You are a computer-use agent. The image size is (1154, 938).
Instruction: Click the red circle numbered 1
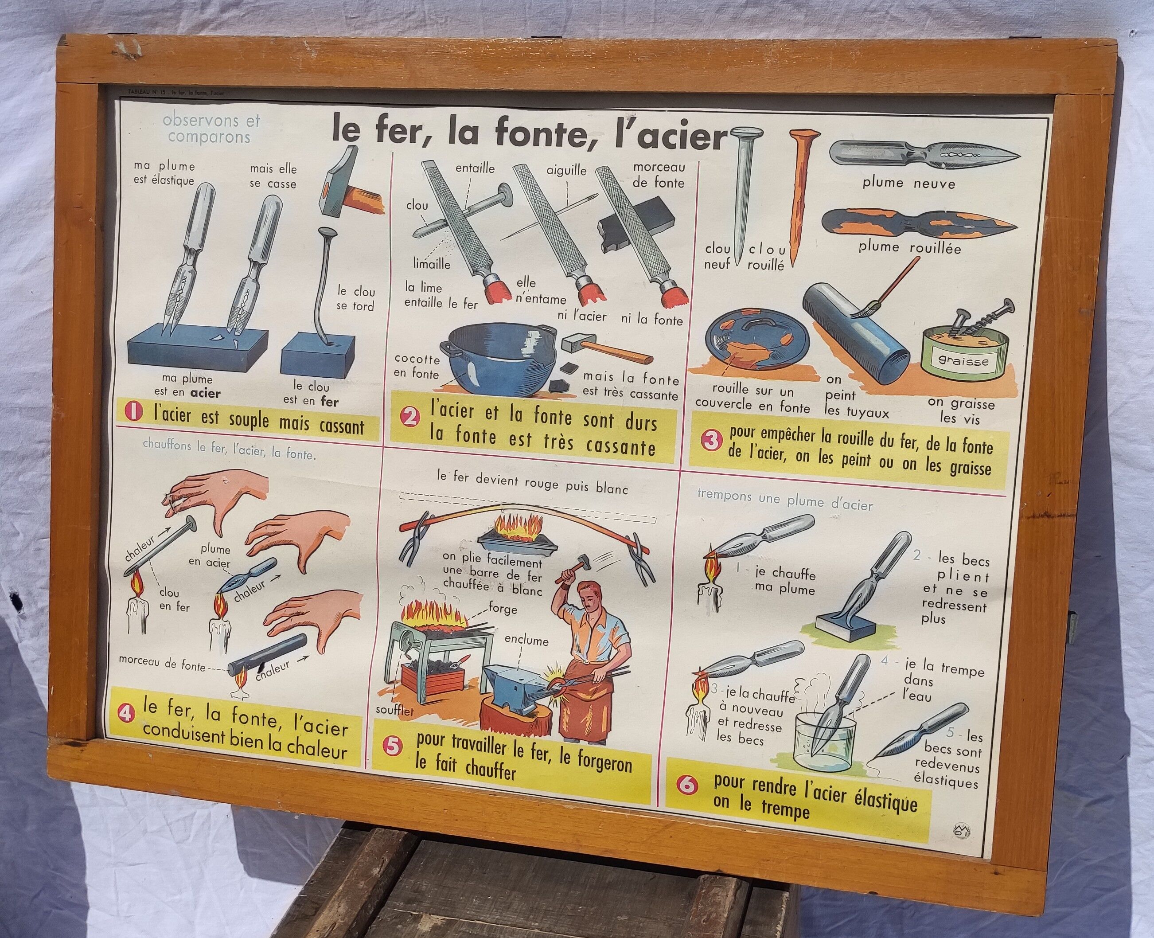(133, 414)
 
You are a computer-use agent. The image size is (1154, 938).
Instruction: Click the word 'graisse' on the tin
(964, 361)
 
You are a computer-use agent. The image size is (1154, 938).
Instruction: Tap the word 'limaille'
(432, 264)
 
